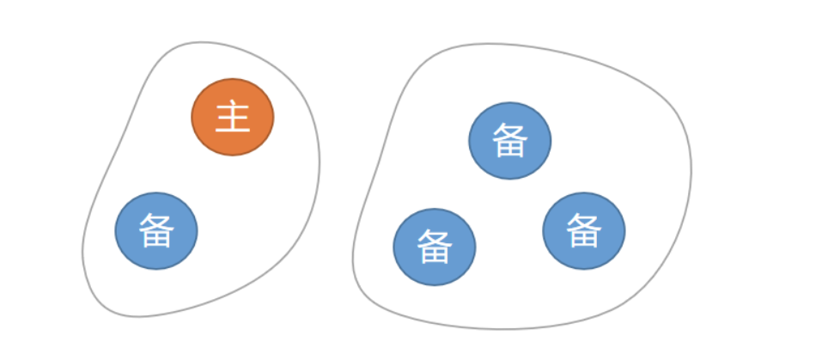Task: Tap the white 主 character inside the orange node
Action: click(232, 117)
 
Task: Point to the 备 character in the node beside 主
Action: click(156, 231)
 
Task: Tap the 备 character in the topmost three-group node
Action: click(509, 140)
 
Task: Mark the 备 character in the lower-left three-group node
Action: click(434, 247)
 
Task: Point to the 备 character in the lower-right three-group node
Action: click(583, 231)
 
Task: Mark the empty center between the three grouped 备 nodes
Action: click(508, 211)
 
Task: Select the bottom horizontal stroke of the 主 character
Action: click(232, 131)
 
